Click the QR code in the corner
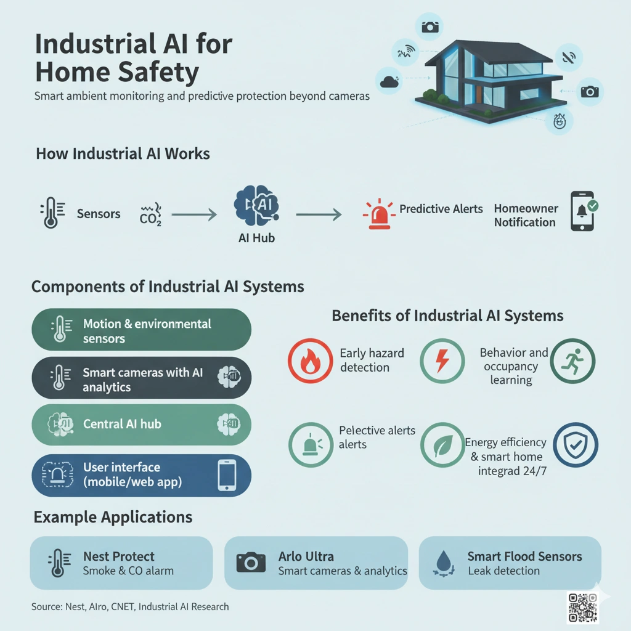(583, 608)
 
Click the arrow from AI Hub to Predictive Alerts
(319, 214)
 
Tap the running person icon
(572, 361)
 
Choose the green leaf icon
(442, 445)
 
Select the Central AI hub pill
(141, 425)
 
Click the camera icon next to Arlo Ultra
(251, 562)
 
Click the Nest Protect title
(119, 556)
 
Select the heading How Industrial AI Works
(123, 153)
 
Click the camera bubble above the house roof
(430, 27)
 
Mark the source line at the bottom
(130, 607)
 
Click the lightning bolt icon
(442, 361)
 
